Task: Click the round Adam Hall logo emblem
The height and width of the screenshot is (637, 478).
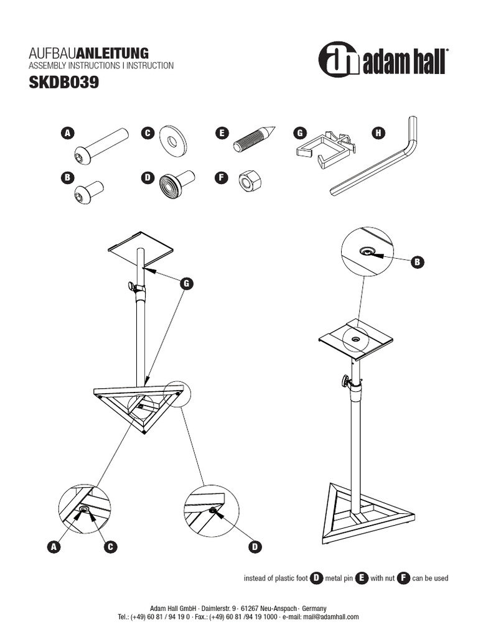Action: coord(339,59)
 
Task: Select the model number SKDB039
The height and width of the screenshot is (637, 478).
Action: coord(63,83)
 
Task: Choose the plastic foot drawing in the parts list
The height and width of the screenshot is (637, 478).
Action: coord(177,184)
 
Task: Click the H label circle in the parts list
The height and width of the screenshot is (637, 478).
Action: coord(378,133)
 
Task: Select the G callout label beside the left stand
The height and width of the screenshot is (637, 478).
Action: coord(185,284)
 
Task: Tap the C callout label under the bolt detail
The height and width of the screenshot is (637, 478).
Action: coord(110,547)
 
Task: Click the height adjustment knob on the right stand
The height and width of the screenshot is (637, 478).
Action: coord(344,381)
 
